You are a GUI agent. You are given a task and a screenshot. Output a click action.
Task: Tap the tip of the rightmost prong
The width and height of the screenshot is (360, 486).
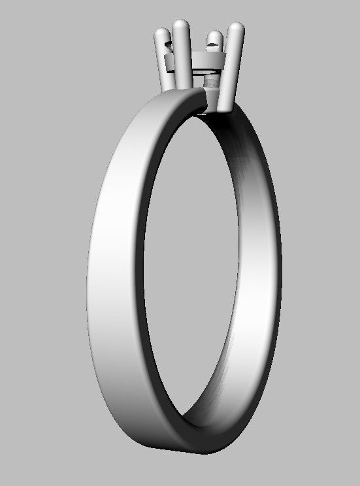237,28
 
